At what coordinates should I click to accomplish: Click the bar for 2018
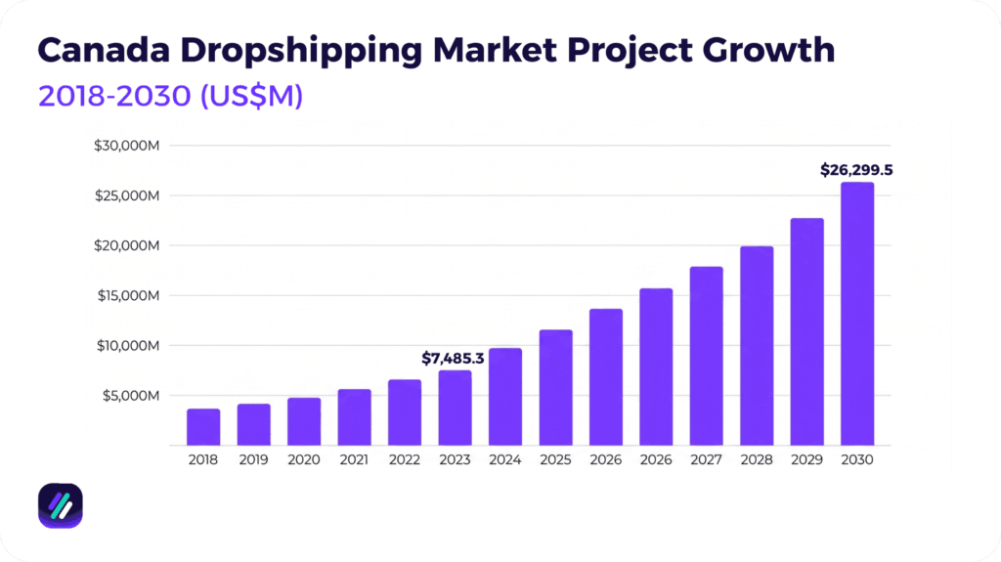click(203, 427)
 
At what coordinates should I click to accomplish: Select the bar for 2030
click(857, 314)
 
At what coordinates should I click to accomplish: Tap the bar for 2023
click(455, 408)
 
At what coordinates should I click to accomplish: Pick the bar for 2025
click(555, 388)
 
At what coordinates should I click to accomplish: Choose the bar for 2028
click(757, 346)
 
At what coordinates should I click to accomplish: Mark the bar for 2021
click(354, 417)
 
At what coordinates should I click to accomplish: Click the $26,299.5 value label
click(856, 170)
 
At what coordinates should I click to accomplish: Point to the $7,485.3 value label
click(453, 358)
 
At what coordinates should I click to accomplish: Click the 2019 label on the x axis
click(253, 459)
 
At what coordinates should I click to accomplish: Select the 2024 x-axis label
click(505, 459)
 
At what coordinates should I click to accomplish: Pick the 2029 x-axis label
click(806, 459)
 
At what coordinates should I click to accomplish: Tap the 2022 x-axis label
click(405, 459)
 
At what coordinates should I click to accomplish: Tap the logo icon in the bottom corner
click(60, 506)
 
